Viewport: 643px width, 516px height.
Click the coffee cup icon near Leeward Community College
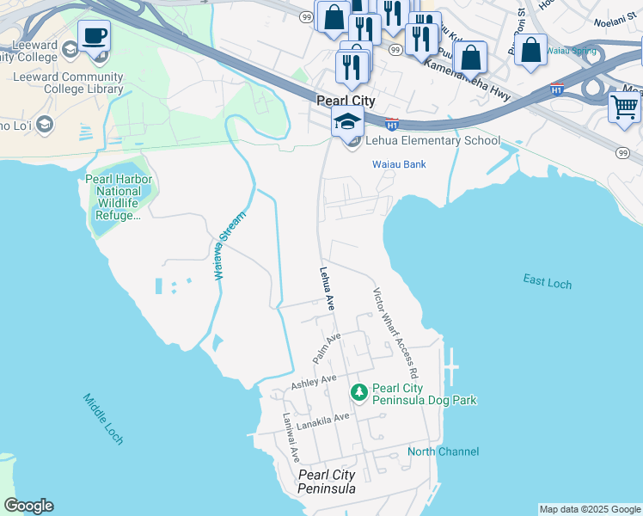point(94,36)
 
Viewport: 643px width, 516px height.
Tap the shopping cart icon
point(624,107)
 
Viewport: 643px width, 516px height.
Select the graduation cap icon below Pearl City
point(346,121)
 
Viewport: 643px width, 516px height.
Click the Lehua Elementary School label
point(432,141)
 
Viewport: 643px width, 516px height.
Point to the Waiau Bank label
point(399,164)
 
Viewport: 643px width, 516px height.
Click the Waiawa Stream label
point(229,245)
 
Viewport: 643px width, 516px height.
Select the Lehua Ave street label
point(327,288)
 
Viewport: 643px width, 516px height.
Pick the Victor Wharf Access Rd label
point(395,333)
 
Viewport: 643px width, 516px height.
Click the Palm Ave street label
point(328,347)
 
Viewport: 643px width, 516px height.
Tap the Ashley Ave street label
point(314,380)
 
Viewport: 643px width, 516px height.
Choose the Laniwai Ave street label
point(291,436)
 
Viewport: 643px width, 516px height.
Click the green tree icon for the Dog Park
point(359,392)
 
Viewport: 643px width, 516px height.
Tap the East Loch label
point(547,282)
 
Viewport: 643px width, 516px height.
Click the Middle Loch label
point(103,419)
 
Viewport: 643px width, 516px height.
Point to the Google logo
point(28,506)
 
